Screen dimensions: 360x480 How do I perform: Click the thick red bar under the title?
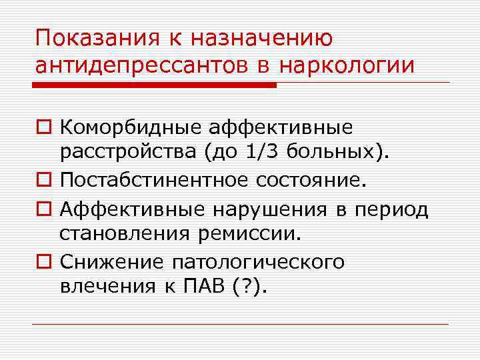click(155, 85)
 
